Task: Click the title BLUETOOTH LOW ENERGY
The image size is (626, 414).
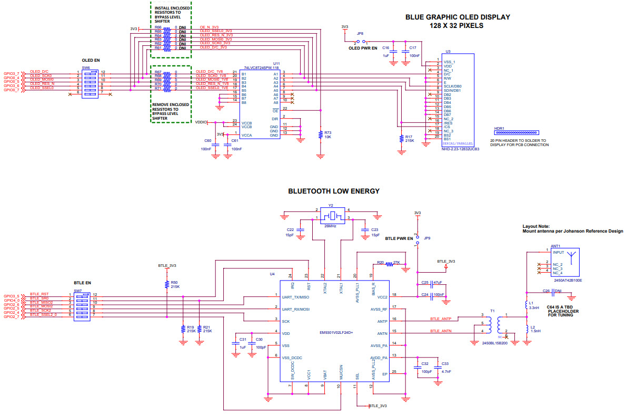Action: tap(334, 191)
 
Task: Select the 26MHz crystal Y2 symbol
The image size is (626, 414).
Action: tap(332, 216)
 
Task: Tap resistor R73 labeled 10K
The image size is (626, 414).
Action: tap(321, 134)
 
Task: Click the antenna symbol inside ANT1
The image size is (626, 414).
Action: tap(572, 259)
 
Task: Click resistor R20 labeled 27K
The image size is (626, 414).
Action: tap(390, 263)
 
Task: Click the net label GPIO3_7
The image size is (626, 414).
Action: tap(11, 73)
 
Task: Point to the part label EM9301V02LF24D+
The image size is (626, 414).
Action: tap(336, 333)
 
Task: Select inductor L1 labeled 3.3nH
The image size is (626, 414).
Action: tap(526, 305)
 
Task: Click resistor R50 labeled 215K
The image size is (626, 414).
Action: tap(166, 285)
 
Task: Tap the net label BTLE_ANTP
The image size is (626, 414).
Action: tap(441, 319)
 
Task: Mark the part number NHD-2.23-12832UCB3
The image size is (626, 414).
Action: tap(460, 149)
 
